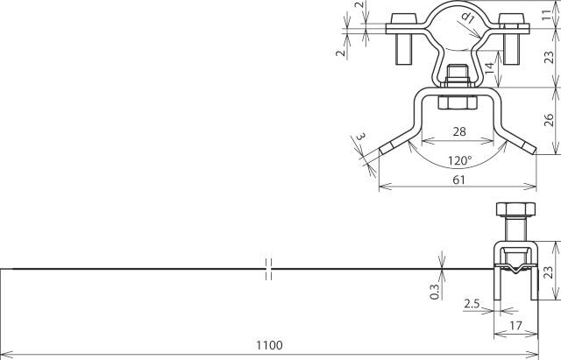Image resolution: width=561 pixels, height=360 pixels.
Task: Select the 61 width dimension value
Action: pos(457,179)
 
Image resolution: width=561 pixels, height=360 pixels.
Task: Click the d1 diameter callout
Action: pos(467,17)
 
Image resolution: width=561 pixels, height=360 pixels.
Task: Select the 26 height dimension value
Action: pos(549,120)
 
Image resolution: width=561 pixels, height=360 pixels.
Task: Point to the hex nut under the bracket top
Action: pos(456,103)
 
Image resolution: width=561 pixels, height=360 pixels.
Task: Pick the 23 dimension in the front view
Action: pos(549,58)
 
